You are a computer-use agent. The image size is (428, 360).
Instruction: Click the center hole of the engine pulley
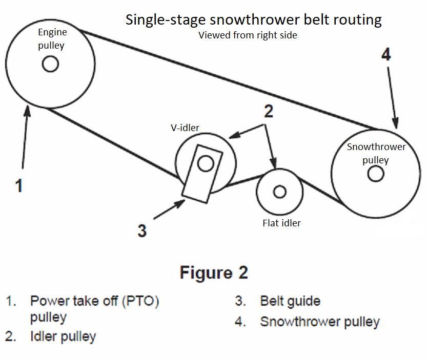tap(50, 64)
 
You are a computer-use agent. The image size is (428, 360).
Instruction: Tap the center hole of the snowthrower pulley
tap(376, 174)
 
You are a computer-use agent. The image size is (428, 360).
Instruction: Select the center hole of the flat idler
tap(279, 192)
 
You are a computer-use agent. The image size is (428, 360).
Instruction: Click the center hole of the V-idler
tap(206, 163)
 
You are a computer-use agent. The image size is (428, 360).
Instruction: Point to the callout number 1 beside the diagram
tap(18, 185)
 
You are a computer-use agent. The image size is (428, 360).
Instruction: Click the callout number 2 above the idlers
tap(268, 111)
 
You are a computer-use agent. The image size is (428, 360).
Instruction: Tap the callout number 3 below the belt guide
tap(142, 230)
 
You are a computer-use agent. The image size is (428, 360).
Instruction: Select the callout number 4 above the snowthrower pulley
tap(386, 54)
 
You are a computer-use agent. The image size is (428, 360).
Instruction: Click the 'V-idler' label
tap(185, 128)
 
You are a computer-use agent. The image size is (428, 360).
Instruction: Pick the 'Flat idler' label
tap(281, 223)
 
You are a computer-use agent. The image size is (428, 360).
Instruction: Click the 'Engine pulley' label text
tap(52, 39)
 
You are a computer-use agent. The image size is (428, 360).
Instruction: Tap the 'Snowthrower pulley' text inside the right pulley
tap(376, 153)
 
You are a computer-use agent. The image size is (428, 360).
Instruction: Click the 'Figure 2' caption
tap(214, 272)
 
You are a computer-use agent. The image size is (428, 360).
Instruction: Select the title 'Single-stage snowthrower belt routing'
tap(254, 20)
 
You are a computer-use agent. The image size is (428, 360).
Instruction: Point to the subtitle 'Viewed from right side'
tap(248, 35)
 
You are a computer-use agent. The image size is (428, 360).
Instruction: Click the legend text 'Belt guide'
tap(290, 301)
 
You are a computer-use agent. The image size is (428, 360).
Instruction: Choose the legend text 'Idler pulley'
tap(63, 336)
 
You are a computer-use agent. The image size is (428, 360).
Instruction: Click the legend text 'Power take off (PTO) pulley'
tap(94, 308)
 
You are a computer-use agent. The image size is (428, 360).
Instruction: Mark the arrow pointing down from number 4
tap(392, 97)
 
